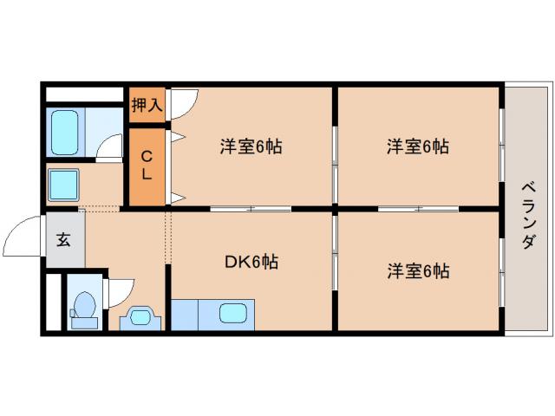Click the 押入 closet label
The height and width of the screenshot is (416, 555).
pyautogui.click(x=147, y=106)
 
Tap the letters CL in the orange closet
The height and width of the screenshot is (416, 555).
pyautogui.click(x=147, y=166)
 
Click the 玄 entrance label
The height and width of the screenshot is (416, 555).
pyautogui.click(x=63, y=240)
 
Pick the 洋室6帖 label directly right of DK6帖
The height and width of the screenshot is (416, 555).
pyautogui.click(x=417, y=270)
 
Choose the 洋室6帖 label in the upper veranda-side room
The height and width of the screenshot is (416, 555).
pyautogui.click(x=417, y=146)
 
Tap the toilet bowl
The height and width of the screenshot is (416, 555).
pyautogui.click(x=84, y=307)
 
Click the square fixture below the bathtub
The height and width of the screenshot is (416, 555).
pyautogui.click(x=64, y=185)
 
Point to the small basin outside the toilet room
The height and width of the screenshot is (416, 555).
pyautogui.click(x=140, y=316)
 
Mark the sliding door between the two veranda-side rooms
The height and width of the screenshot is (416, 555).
pyautogui.click(x=419, y=208)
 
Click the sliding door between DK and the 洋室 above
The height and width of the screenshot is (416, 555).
pyautogui.click(x=251, y=208)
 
